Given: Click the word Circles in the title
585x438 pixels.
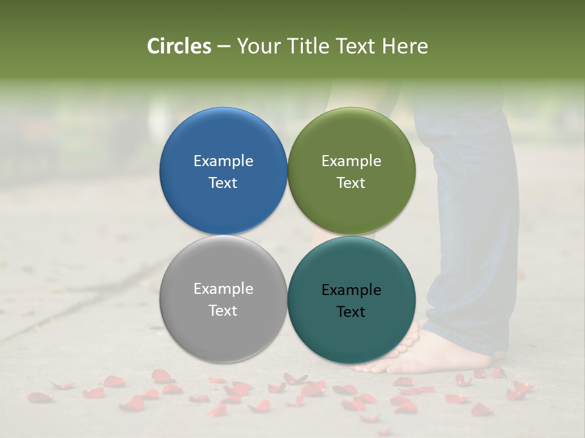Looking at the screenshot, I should point(179,46).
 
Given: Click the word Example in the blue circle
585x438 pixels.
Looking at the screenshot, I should point(223,161).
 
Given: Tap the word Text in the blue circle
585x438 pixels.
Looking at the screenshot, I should point(223,183).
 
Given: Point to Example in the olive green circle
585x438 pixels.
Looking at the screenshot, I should point(351,161).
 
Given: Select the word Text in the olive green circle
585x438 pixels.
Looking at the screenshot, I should point(351,183).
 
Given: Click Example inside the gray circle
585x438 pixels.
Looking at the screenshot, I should point(223,289).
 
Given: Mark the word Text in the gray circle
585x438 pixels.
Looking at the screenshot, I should point(223,311).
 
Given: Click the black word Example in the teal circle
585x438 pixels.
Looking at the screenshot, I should point(351,290).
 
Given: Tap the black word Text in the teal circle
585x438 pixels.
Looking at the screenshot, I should point(351,312).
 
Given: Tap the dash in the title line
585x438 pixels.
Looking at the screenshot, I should point(224,47).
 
